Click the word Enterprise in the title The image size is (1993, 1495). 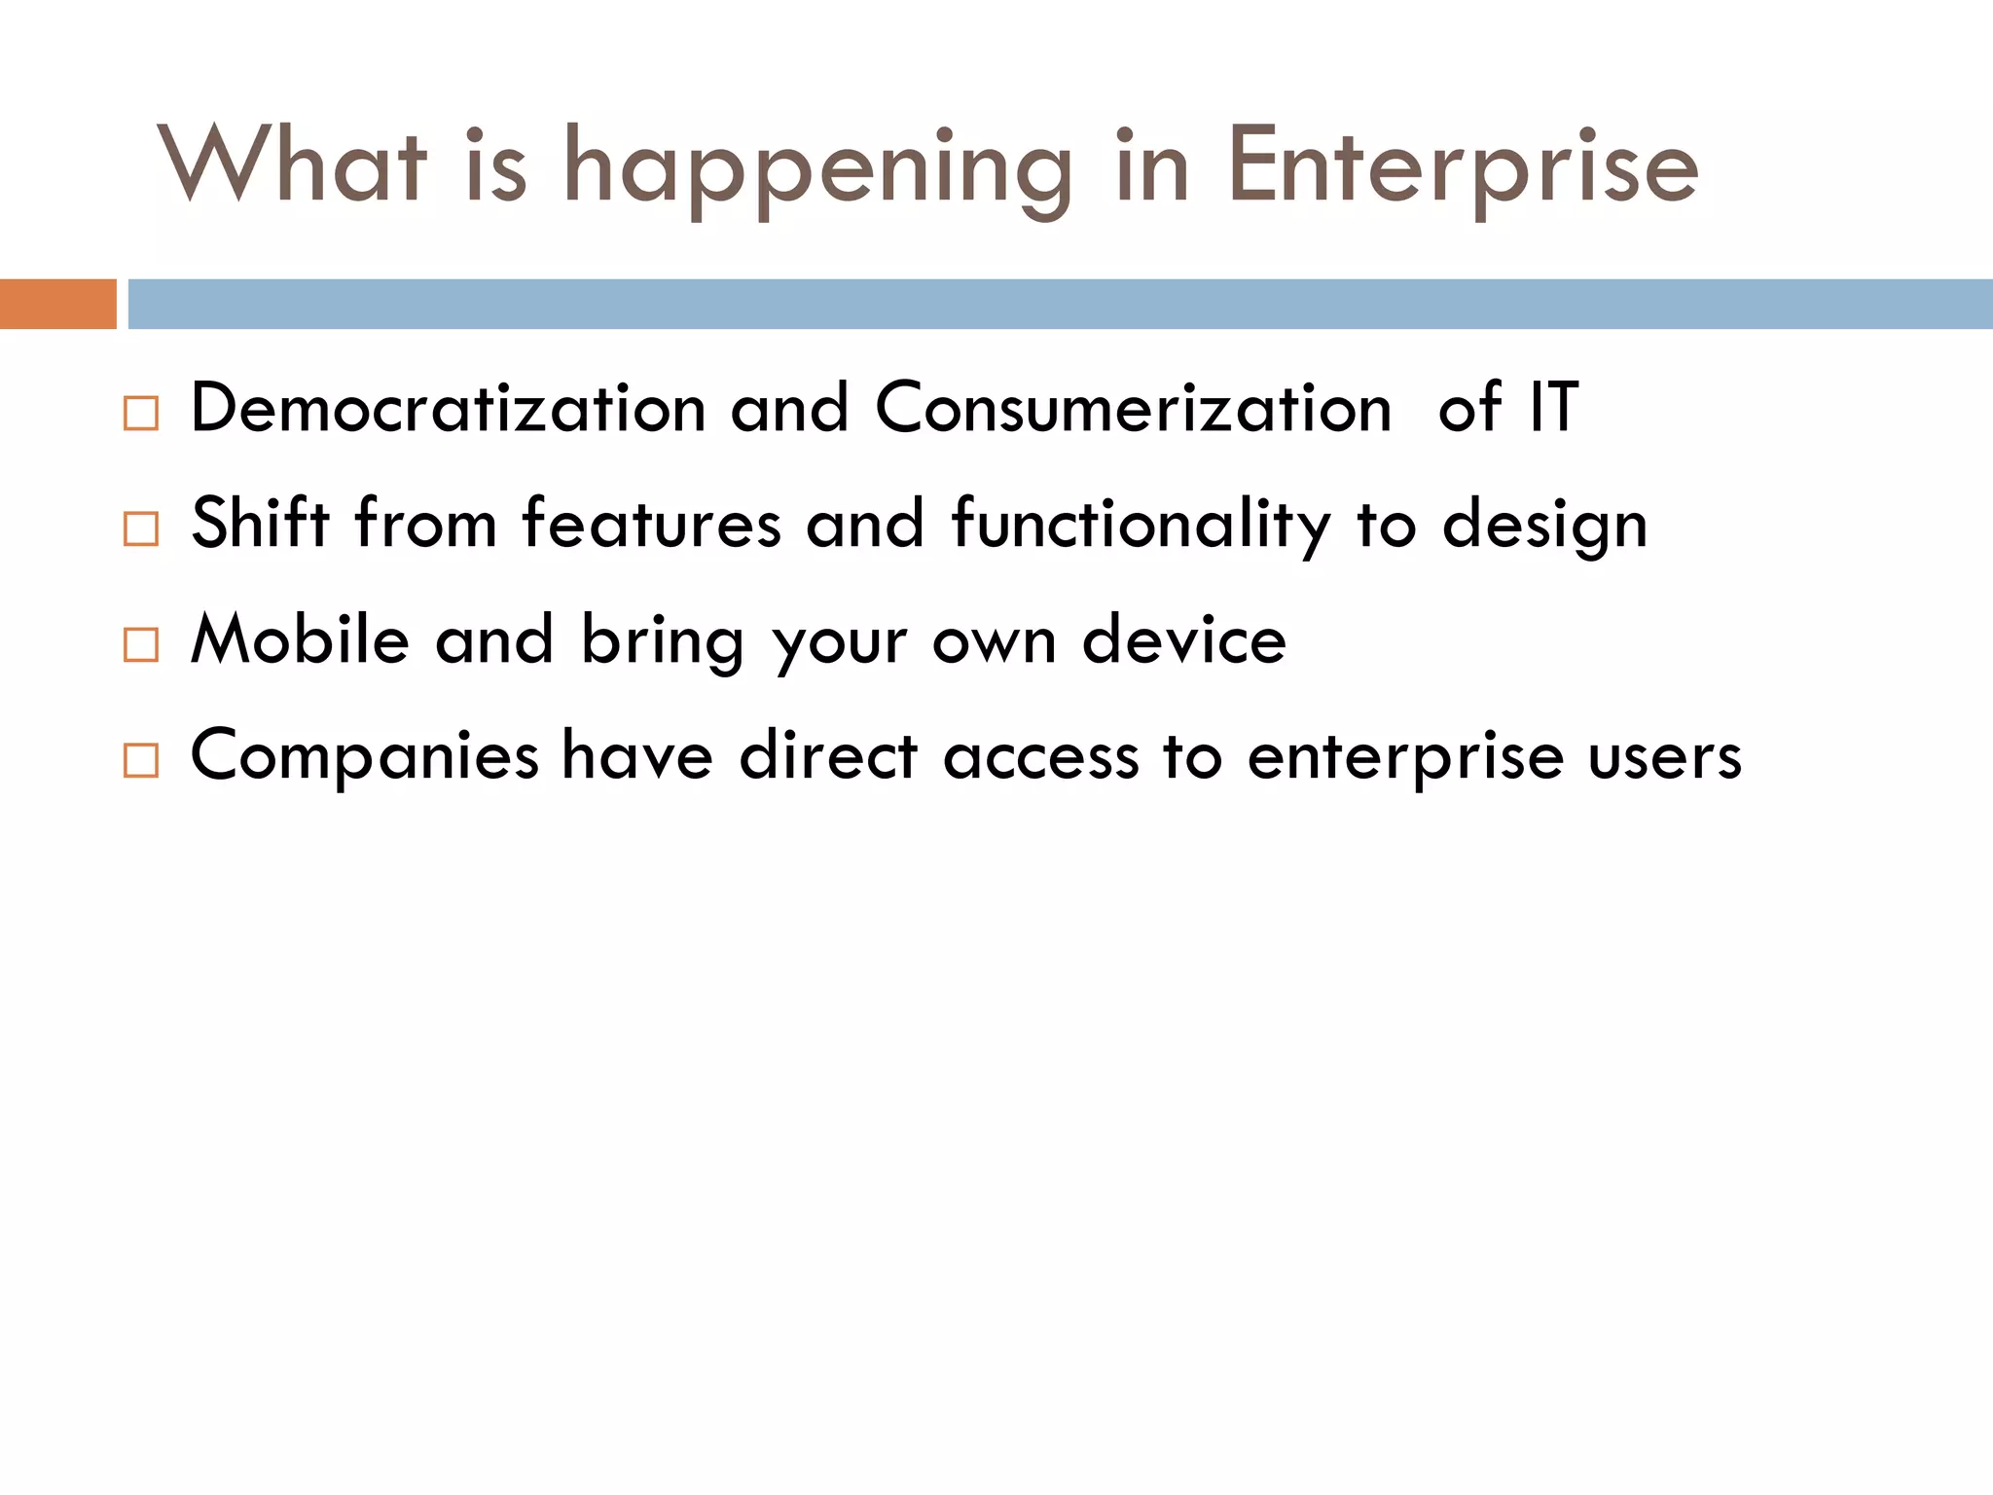point(1462,167)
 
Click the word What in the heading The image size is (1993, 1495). point(292,165)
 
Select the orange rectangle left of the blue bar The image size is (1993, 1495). point(57,304)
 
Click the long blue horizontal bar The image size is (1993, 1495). point(1059,304)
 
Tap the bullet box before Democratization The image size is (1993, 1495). point(141,414)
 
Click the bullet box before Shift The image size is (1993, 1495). point(141,529)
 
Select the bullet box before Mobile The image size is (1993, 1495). point(141,645)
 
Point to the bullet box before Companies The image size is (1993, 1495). point(141,760)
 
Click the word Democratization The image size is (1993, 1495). point(448,408)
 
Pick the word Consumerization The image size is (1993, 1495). point(1133,408)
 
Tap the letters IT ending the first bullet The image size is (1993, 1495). point(1553,408)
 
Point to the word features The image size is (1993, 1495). point(651,524)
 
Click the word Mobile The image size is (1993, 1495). point(300,639)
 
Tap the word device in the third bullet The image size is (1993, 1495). point(1184,639)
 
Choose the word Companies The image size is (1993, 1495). point(364,757)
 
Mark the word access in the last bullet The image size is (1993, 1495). point(1040,757)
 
